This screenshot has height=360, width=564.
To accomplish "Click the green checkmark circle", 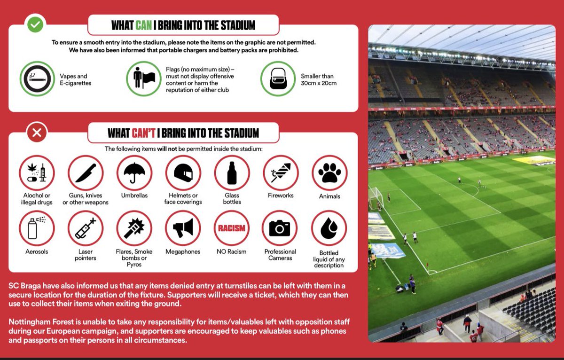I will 35,24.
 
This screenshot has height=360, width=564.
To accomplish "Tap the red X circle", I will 37,133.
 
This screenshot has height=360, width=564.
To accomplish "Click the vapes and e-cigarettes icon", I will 37,79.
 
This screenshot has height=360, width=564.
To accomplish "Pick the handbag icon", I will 278,79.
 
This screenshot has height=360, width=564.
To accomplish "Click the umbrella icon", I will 134,173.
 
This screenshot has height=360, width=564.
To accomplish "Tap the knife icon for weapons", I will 86,173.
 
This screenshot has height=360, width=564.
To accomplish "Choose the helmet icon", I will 183,173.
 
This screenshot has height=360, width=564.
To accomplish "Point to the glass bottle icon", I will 232,173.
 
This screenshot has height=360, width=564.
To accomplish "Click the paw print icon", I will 329,173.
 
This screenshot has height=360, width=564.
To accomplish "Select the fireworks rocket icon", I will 281,173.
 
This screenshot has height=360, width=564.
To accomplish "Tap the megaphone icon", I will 183,228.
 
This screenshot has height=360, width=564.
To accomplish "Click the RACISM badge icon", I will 232,228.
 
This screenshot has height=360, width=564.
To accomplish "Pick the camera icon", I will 280,228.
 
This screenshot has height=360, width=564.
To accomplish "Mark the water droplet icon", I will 329,228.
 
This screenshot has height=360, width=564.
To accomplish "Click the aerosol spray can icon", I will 37,228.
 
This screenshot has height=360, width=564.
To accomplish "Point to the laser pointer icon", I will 86,228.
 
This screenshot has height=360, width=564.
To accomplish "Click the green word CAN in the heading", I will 143,25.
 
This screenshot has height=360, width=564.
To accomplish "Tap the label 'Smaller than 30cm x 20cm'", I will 319,79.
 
